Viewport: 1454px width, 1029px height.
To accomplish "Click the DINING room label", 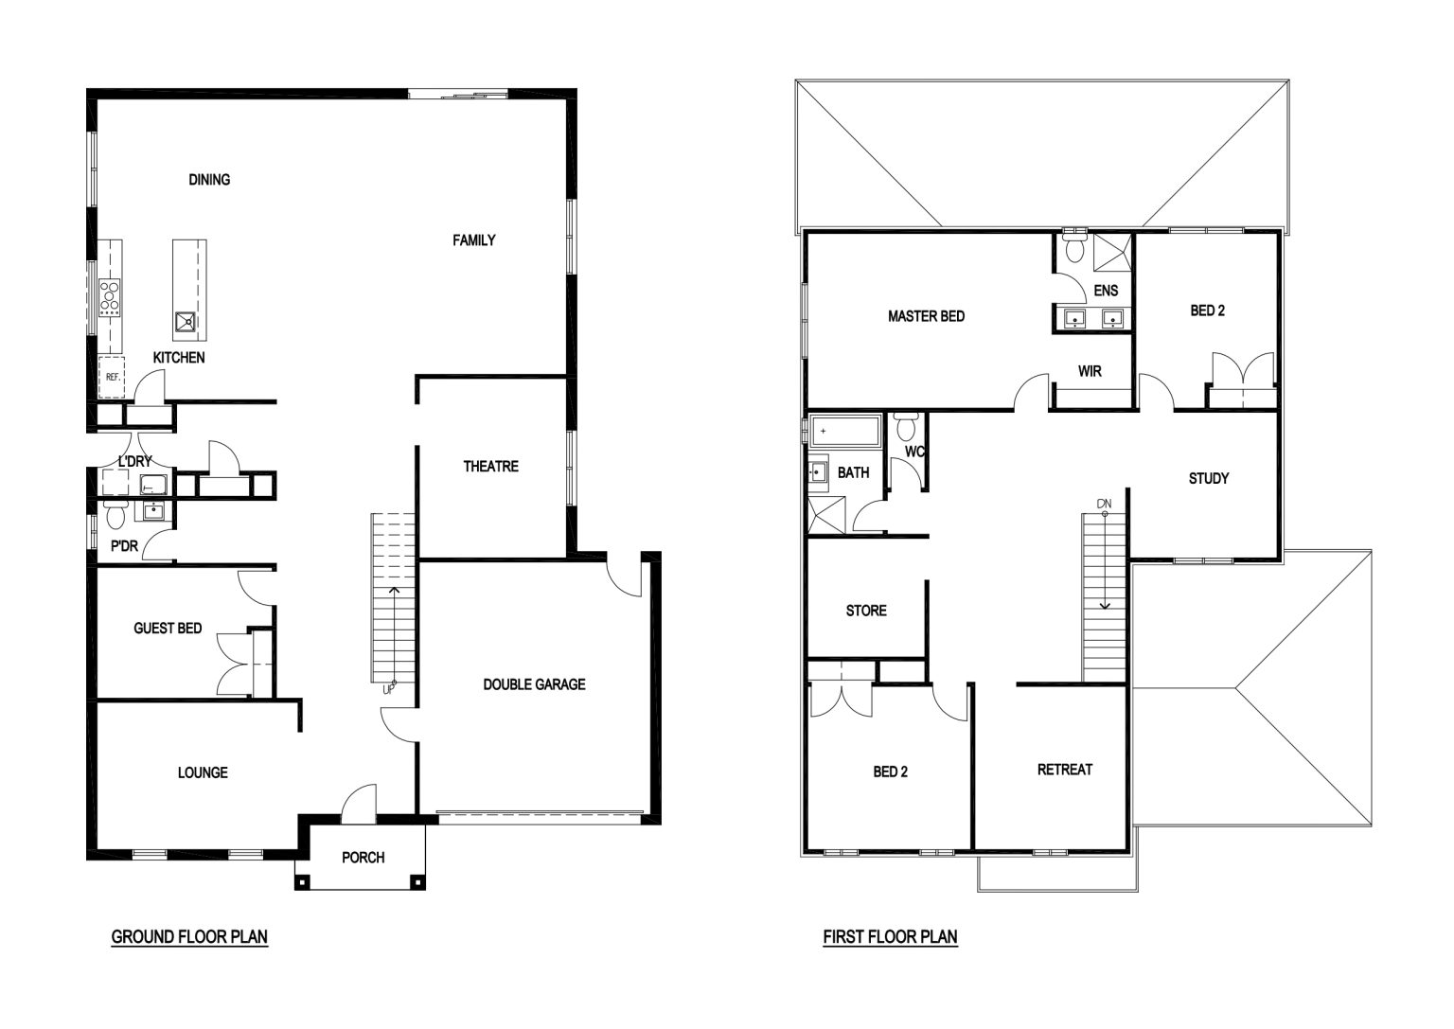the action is coord(209,180).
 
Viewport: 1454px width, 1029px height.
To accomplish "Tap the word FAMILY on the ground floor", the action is coord(474,240).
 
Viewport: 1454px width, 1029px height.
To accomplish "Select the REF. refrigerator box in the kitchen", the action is coord(111,377).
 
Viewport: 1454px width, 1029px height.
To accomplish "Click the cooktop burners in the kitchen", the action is coord(109,298).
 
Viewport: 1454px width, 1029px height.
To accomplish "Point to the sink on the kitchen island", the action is coord(185,321).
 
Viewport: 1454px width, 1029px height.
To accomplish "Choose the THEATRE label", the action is coord(490,467).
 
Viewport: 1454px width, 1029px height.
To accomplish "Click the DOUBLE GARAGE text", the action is coord(534,684).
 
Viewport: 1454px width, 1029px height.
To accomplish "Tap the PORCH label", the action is coord(363,858).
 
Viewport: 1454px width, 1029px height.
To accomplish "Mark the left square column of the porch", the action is coord(302,882).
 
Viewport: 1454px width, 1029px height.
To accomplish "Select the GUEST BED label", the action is coord(168,629).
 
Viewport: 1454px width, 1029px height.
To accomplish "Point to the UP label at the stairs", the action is coord(388,690).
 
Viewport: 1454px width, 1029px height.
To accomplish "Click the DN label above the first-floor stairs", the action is coord(1104,504).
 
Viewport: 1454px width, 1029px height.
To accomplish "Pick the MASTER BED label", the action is coord(926,317).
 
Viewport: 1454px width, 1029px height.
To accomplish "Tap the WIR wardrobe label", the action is coord(1090,372).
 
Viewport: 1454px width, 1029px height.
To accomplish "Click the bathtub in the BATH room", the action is coord(845,431).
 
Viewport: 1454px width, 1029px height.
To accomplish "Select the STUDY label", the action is coord(1208,479).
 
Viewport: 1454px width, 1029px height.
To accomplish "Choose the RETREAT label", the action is coord(1065,770).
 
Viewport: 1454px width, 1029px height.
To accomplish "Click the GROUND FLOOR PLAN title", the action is coord(189,937).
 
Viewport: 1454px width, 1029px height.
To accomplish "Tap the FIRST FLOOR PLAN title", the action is coord(890,937).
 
